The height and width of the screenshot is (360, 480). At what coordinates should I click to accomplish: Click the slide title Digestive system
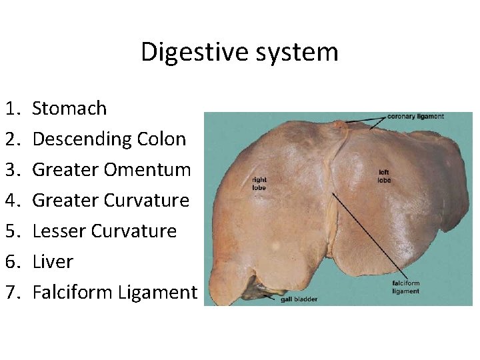pos(239,52)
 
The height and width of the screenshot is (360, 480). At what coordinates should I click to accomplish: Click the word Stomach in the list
pos(69,108)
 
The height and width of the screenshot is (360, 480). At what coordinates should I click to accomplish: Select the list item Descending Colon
pos(109,139)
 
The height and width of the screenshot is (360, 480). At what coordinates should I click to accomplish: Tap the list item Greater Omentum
pos(111,169)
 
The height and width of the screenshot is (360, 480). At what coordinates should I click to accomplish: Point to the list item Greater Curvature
pos(111,200)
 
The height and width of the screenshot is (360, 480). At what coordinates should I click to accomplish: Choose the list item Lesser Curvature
pos(104,231)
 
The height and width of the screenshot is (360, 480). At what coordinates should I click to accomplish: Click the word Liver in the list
pos(53,261)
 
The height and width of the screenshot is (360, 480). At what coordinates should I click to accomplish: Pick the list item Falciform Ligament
pos(115,292)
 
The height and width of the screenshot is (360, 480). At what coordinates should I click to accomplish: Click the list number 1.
pos(13,108)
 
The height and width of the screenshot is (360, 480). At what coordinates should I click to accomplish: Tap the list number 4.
pos(13,200)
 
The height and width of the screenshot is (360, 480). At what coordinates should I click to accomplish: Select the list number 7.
pos(13,292)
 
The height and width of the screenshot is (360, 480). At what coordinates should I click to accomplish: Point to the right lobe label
pos(259,183)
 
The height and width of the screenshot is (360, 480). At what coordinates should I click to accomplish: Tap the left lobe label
pos(384,176)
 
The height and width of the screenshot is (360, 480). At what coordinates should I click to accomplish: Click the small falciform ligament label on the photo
pos(405,287)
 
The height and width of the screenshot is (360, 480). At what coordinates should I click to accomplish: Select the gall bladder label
pos(299,299)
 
